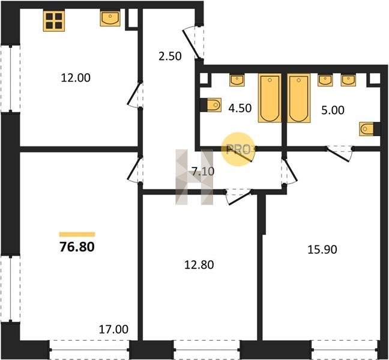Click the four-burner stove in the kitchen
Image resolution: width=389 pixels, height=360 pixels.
pos(54,20)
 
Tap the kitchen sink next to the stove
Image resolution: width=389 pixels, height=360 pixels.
pos(110,18)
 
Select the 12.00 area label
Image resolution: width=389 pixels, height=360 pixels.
pos(76,77)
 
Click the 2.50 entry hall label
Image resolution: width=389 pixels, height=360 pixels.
pos(170,56)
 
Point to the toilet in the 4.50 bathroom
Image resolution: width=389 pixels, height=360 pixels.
pos(214,105)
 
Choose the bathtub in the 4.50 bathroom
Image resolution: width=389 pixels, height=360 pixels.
pos(270,98)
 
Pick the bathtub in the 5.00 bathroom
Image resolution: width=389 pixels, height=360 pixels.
pos(299,98)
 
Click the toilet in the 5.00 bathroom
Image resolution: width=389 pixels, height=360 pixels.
pos(367,129)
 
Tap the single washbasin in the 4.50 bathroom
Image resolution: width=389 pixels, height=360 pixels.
pos(237,80)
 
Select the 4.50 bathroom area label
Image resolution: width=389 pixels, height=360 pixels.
pos(240,108)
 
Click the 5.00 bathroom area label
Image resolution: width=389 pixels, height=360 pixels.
pos(333,110)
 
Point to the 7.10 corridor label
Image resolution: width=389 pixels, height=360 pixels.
pos(203,172)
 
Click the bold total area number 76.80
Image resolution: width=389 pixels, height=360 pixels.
pos(77,247)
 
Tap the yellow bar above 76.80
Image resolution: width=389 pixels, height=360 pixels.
pos(77,234)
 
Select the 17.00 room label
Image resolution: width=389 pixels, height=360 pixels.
pos(113,329)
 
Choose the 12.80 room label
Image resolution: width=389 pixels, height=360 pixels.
pos(199,265)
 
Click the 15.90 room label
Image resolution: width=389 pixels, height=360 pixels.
pos(322,249)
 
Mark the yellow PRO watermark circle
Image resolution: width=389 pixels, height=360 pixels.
pos(238,149)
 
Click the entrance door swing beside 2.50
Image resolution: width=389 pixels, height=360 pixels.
pos(193,43)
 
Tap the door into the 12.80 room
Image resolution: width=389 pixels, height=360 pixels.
pos(239,197)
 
